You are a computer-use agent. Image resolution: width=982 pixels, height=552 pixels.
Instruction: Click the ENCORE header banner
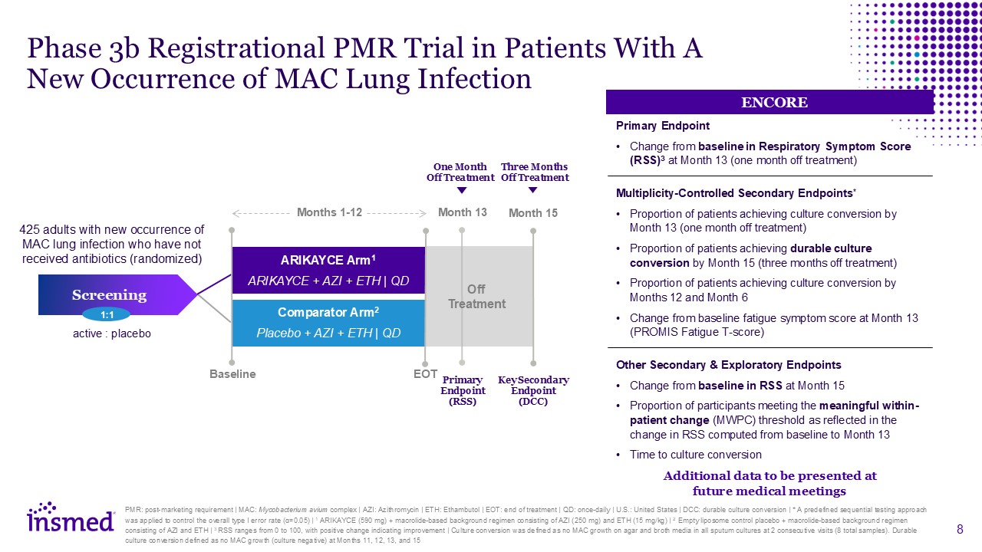click(x=769, y=102)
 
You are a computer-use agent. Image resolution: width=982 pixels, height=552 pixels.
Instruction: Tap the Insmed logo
click(x=71, y=518)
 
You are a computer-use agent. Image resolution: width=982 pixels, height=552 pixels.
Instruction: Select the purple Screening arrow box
click(x=109, y=294)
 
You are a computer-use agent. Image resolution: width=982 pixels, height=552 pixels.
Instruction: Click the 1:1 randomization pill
click(x=106, y=314)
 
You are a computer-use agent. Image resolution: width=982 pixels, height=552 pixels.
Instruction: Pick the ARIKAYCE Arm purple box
click(x=328, y=270)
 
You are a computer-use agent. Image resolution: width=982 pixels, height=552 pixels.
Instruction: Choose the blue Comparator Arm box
click(x=328, y=322)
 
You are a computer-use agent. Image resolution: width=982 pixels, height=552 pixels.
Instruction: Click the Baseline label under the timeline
click(x=232, y=374)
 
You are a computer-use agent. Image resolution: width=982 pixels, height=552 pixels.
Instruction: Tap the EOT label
click(x=425, y=374)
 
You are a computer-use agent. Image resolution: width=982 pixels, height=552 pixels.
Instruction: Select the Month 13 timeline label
click(x=462, y=212)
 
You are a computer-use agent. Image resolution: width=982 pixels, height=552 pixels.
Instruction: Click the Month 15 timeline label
click(x=533, y=212)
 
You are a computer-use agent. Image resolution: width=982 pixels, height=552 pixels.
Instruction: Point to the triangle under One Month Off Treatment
click(x=461, y=191)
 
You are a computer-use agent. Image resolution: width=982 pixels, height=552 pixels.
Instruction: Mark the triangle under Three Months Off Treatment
click(x=533, y=191)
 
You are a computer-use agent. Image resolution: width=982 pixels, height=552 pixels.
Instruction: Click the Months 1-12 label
click(x=329, y=212)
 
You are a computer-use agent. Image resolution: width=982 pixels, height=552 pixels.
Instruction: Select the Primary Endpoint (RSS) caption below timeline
click(x=463, y=390)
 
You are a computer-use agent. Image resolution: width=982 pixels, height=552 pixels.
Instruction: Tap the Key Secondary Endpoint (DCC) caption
click(x=533, y=390)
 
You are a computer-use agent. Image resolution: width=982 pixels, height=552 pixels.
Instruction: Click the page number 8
click(x=961, y=529)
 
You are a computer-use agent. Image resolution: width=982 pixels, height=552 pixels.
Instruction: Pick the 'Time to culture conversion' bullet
click(x=695, y=455)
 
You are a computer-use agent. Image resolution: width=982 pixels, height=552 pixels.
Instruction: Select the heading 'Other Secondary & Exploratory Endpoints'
click(x=728, y=365)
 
